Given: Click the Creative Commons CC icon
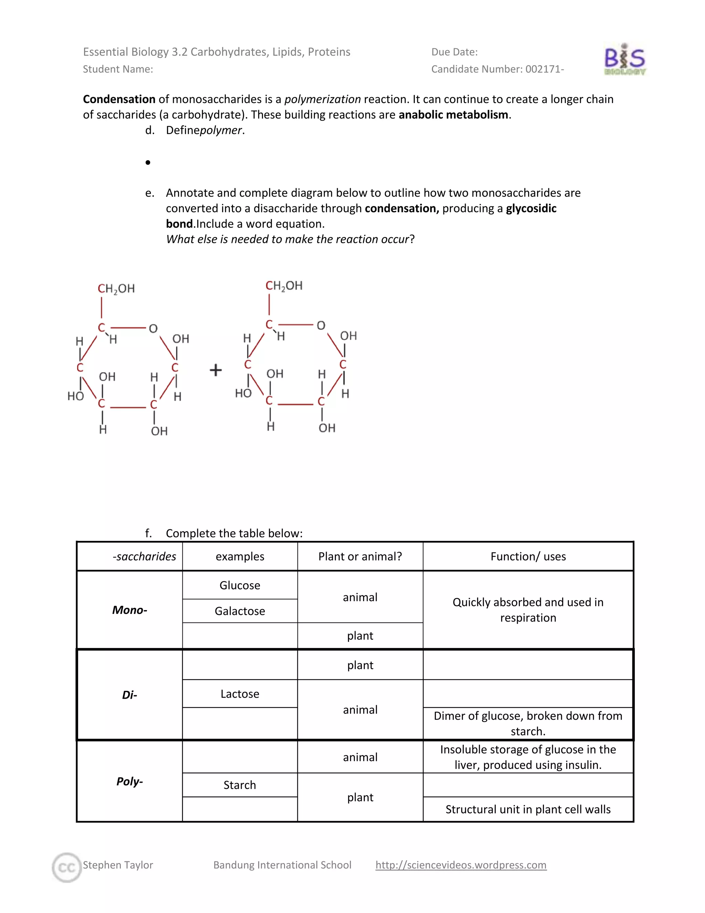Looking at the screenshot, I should coord(67,868).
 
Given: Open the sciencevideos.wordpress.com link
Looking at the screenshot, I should coord(461,864).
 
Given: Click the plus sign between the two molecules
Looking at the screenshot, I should coord(215,370).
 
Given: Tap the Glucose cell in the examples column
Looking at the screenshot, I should coord(240,585).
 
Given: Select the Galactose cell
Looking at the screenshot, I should coord(240,611).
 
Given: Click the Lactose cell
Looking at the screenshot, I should coord(240,694).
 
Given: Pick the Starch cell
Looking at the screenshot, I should coord(240,785).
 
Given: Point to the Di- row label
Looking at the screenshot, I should coord(129,695).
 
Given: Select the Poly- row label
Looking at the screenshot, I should coord(129,781).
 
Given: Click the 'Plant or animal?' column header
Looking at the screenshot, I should coord(360,556).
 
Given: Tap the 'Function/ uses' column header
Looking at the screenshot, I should coord(528,556).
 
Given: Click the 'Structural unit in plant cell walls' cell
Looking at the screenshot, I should coord(528,809).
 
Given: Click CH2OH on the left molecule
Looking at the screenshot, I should coord(116,289).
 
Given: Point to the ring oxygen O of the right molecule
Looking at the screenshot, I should coord(321,325).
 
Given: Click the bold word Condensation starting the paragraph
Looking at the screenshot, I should coord(119,100).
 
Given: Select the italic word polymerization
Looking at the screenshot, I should coord(323,100).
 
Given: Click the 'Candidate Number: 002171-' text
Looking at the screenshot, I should coord(497,69).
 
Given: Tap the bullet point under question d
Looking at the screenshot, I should coord(148,162).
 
